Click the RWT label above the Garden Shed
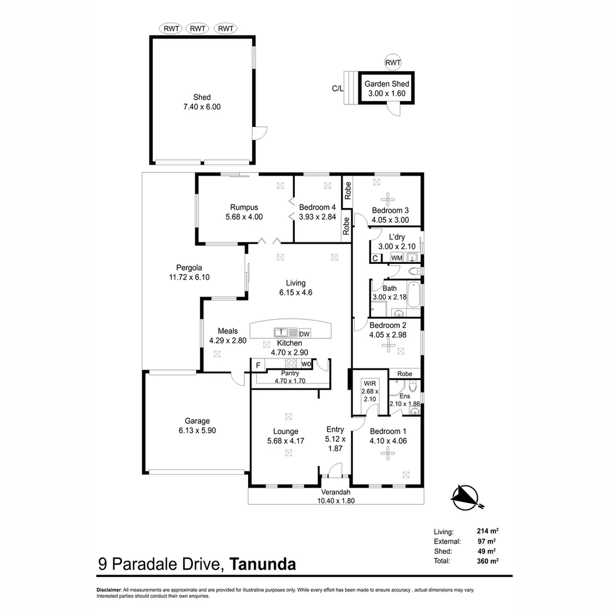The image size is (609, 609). (x=392, y=62)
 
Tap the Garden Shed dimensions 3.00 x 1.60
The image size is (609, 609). (x=386, y=94)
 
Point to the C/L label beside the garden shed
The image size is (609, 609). (x=337, y=89)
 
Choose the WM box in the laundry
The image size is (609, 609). (x=396, y=258)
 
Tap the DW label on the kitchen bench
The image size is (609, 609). (x=304, y=333)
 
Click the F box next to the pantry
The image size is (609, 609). (x=258, y=365)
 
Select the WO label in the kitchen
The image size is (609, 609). (x=306, y=364)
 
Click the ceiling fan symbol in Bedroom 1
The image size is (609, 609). (x=388, y=451)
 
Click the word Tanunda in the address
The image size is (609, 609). (x=264, y=564)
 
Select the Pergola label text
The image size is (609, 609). (x=189, y=268)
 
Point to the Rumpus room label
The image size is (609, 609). (x=244, y=207)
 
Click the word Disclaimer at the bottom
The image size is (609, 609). (x=109, y=590)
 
